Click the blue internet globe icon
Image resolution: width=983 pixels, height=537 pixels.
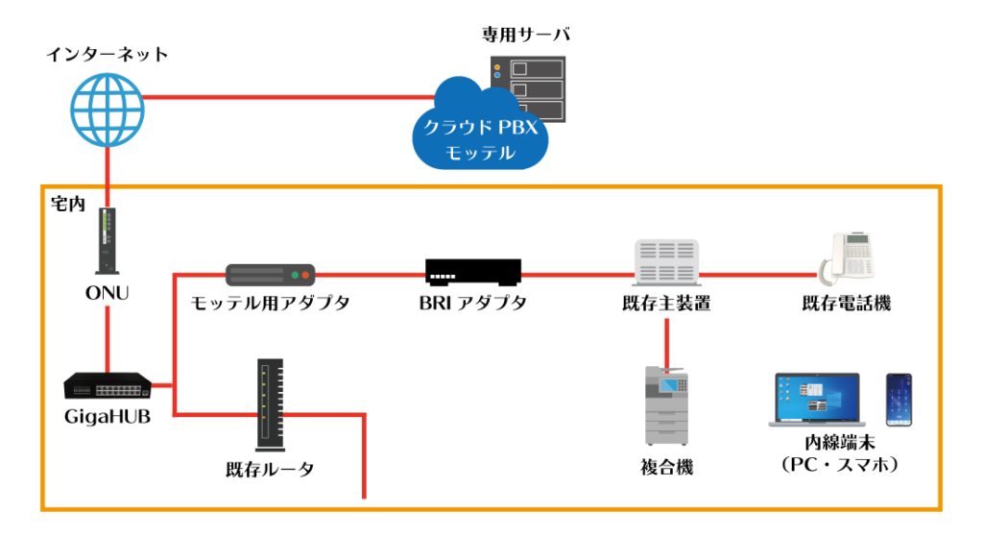pyautogui.click(x=108, y=110)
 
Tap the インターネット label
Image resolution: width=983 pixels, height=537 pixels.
pyautogui.click(x=108, y=55)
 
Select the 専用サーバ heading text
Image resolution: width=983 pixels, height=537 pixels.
pyautogui.click(x=526, y=34)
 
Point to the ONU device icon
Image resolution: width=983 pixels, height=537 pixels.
pyautogui.click(x=108, y=241)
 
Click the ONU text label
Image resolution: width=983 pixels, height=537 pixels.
pyautogui.click(x=108, y=293)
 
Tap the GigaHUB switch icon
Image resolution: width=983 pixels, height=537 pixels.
pyautogui.click(x=108, y=385)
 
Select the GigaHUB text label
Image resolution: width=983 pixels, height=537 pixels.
pyautogui.click(x=108, y=417)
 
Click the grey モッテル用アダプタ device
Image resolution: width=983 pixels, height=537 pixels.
pyautogui.click(x=270, y=275)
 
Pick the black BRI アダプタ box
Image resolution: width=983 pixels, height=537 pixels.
pyautogui.click(x=473, y=272)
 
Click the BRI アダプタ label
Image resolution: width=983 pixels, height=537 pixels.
pyautogui.click(x=473, y=303)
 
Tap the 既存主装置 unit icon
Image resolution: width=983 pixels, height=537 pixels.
pyautogui.click(x=666, y=261)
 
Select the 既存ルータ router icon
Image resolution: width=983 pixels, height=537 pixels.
pyautogui.click(x=271, y=405)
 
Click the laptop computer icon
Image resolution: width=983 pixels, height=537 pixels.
pyautogui.click(x=817, y=401)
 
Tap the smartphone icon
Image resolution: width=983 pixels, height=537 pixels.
pyautogui.click(x=899, y=400)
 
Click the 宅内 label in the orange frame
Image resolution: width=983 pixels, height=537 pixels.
pyautogui.click(x=68, y=204)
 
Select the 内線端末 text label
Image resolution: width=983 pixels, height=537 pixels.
pyautogui.click(x=840, y=443)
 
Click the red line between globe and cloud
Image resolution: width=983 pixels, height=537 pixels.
pyautogui.click(x=289, y=97)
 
